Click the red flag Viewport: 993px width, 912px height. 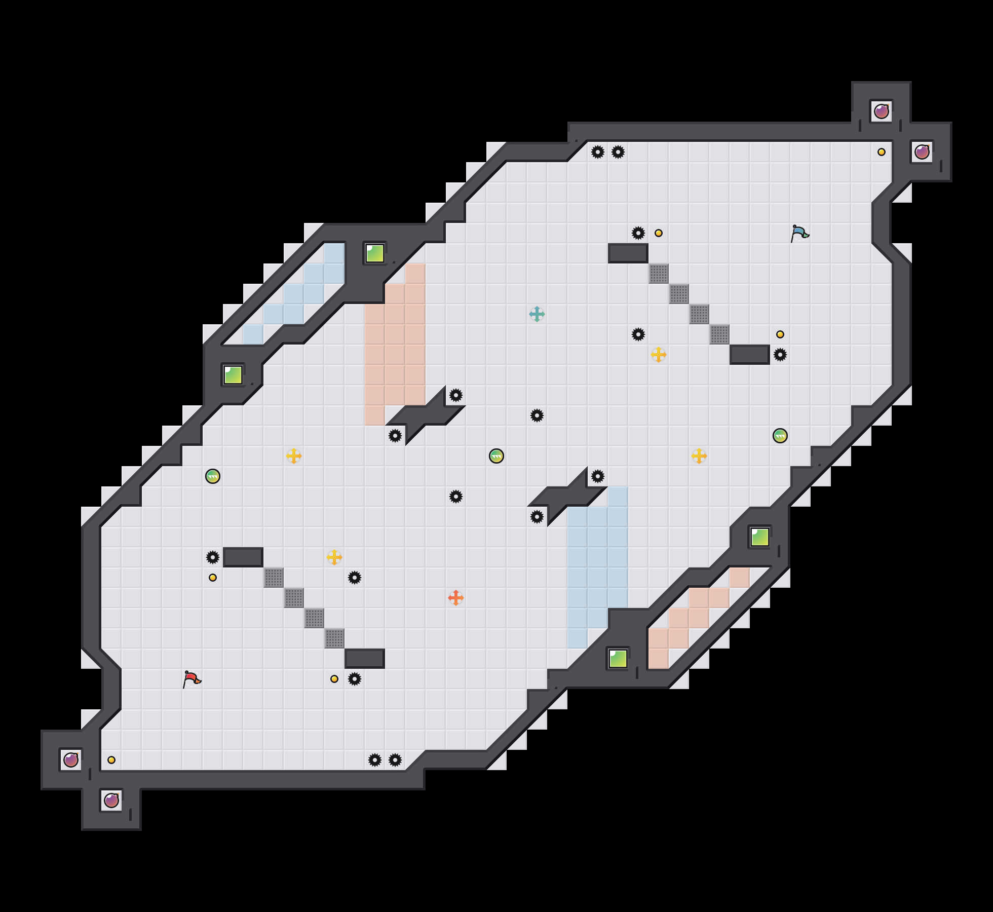point(192,679)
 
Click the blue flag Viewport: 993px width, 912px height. point(799,233)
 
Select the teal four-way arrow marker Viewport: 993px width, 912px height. point(537,314)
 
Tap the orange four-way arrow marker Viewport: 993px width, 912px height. point(456,598)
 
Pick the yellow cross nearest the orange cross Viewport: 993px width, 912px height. point(334,557)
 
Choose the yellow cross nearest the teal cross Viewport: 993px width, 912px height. point(659,355)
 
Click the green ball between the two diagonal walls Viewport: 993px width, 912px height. point(496,456)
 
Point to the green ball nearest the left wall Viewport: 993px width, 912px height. point(213,476)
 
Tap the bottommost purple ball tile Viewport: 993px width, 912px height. point(111,801)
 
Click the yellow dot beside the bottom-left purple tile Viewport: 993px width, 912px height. point(111,760)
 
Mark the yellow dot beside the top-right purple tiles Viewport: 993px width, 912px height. point(882,152)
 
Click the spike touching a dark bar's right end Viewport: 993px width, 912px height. point(780,355)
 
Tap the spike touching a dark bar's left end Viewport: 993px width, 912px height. point(213,557)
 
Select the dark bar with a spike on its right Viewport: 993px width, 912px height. point(750,355)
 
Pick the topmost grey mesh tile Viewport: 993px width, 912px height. point(659,274)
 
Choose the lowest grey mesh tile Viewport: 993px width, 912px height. point(334,638)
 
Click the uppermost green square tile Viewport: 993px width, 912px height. point(375,253)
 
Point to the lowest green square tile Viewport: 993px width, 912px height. point(618,659)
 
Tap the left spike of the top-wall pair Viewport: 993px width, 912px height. point(598,152)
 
